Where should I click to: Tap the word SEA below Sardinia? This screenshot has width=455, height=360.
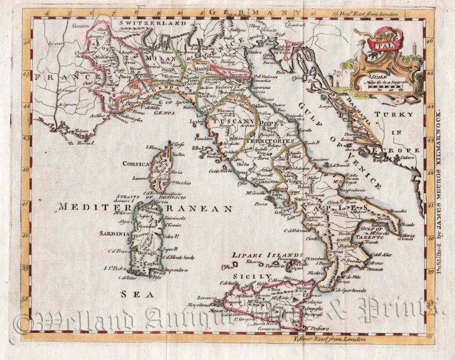pyautogui.click(x=138, y=294)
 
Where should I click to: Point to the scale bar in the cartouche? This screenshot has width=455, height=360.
pyautogui.click(x=387, y=88)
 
